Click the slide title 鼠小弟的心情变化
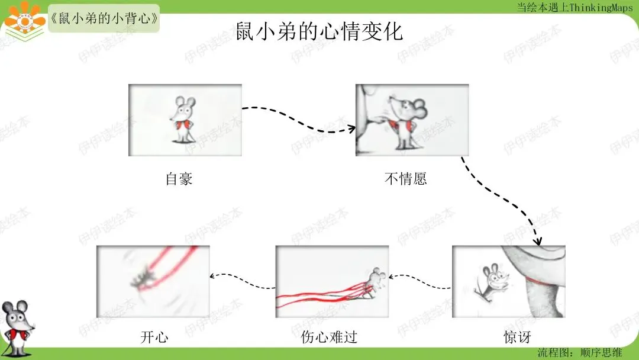click(319, 31)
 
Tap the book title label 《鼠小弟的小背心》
click(104, 18)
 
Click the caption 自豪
click(179, 179)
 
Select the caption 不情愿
click(406, 179)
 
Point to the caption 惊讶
click(518, 337)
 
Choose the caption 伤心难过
click(330, 337)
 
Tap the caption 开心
click(154, 337)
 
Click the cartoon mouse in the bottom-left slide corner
click(17, 328)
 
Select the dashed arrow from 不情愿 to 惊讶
click(502, 201)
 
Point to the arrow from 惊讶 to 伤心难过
click(420, 282)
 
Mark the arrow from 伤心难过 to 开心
click(243, 281)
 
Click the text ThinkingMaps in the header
click(601, 7)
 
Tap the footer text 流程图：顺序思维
click(579, 353)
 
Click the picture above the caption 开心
click(153, 281)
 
